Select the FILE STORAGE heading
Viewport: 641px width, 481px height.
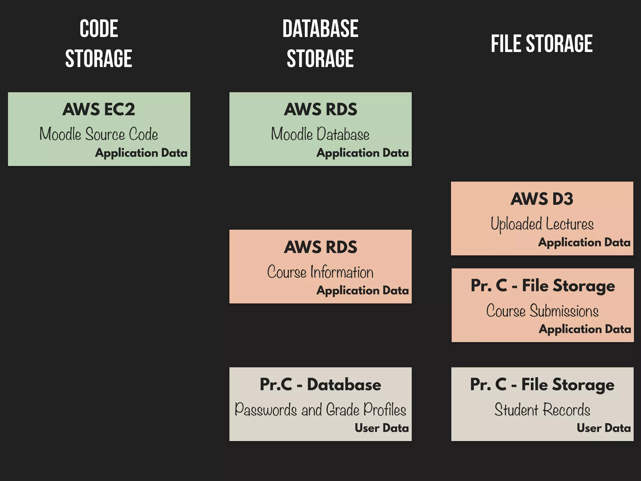coord(541,44)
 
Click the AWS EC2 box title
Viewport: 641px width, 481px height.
coord(99,109)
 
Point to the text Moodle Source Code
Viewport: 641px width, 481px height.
coord(99,134)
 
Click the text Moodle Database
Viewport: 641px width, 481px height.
coord(320,134)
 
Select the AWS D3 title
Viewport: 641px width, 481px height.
coord(542,199)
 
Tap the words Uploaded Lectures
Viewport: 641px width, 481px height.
coord(542,224)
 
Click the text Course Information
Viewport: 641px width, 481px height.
coord(320,272)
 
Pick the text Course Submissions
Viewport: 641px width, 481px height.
coord(542,311)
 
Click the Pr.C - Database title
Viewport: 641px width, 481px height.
coord(320,385)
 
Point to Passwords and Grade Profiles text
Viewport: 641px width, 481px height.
coord(320,410)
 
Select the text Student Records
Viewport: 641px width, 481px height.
coord(542,410)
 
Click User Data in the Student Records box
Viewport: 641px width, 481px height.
coord(603,428)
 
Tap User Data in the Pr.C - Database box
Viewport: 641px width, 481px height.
coord(382,428)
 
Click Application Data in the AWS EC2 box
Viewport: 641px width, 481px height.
coord(141,153)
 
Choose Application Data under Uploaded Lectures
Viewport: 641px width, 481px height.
coord(584,242)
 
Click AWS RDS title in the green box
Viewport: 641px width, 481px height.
coord(320,109)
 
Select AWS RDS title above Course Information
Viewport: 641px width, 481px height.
coord(320,247)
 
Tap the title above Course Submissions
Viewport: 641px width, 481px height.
coord(542,286)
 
